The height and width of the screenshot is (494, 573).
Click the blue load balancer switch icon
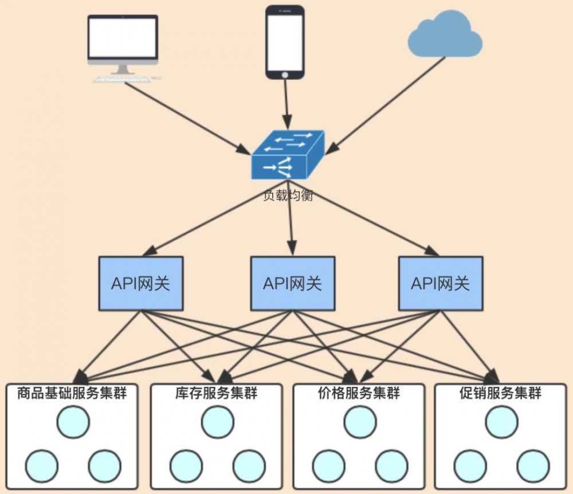point(288,155)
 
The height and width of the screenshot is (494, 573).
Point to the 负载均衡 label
point(288,195)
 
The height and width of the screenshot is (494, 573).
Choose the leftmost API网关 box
point(141,284)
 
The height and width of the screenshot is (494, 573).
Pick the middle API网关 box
point(292,284)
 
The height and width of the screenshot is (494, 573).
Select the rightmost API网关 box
point(440,284)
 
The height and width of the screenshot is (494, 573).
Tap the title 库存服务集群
point(216,394)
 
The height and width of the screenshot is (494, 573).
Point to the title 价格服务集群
point(359,394)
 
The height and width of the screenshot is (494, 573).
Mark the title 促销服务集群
point(501,394)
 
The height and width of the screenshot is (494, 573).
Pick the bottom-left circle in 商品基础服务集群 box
point(42,465)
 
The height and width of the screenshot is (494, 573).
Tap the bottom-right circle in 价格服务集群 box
point(391,465)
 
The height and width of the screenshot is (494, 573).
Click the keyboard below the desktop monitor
point(120,79)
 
